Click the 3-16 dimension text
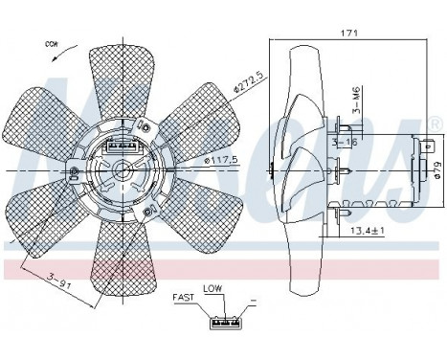tap(343, 143)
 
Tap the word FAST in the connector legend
tap(184, 299)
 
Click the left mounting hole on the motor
tap(76, 172)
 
